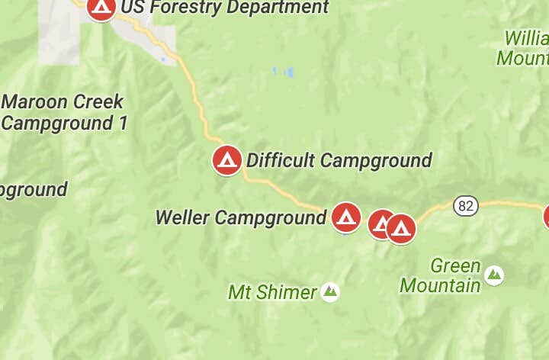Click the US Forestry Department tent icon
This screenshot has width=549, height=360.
pos(101,8)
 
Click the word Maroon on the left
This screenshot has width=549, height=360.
pos(39,101)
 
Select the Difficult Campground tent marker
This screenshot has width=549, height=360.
pos(226,160)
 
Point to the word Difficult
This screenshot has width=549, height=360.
pos(280,160)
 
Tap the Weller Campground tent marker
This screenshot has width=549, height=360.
pos(345,217)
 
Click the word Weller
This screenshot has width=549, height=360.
pos(182,217)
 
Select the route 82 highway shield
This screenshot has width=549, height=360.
pos(465,205)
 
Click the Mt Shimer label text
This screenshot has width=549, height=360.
pos(272,292)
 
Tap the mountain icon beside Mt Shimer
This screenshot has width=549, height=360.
pos(330,291)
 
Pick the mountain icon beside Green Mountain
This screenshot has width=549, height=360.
pos(494,275)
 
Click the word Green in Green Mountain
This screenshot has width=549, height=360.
pos(455,266)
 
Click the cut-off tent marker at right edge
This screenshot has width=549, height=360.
pos(546,217)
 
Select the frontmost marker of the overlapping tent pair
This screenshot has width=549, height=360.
pos(401,228)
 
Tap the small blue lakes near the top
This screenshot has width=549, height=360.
pos(284,72)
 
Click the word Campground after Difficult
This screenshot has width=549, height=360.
pos(376,160)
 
